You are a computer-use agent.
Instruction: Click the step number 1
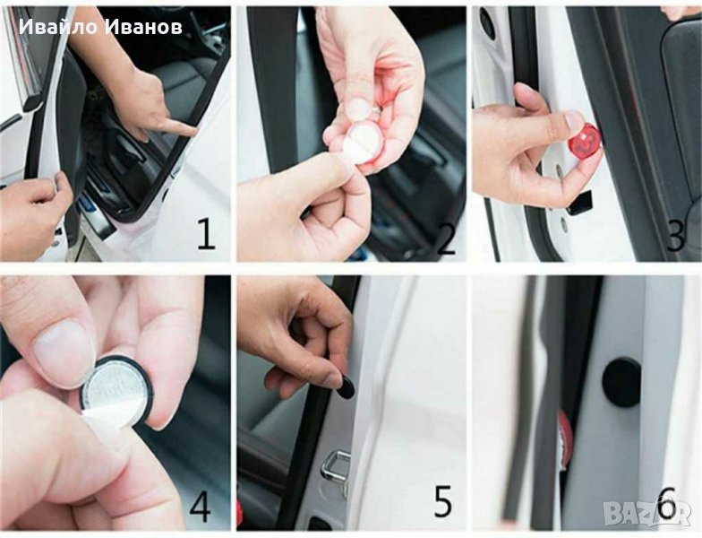click(206, 234)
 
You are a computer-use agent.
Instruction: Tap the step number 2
click(446, 239)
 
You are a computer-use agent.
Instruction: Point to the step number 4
click(201, 506)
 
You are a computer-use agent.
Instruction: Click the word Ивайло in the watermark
click(58, 27)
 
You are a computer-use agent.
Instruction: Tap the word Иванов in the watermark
click(145, 27)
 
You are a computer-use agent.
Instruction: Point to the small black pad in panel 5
click(346, 388)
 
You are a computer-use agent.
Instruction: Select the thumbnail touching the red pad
click(574, 120)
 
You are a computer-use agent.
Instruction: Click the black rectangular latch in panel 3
click(579, 203)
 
